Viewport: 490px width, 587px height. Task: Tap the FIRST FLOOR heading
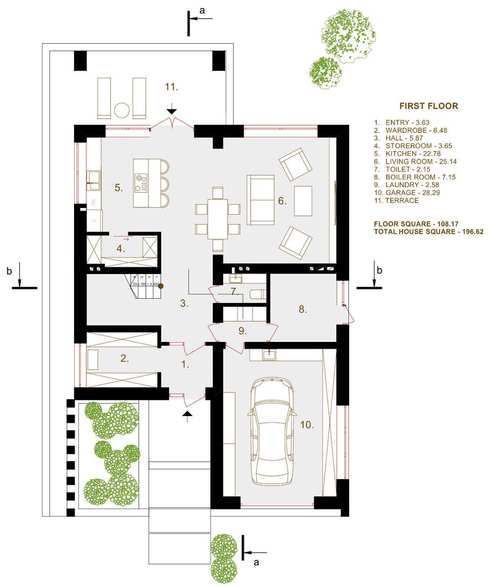point(428,106)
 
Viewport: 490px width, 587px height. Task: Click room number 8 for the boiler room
point(302,309)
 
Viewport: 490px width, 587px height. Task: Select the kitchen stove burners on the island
point(142,182)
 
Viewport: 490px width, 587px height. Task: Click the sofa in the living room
point(261,199)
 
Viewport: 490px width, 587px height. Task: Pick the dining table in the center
point(217,219)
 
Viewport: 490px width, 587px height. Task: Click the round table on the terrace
point(122,109)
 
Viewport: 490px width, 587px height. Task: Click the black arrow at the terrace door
point(172,110)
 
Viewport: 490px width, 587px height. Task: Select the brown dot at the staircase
point(160,286)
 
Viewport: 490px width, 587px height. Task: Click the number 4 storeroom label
point(121,249)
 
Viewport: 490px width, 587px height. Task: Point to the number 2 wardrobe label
point(125,358)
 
